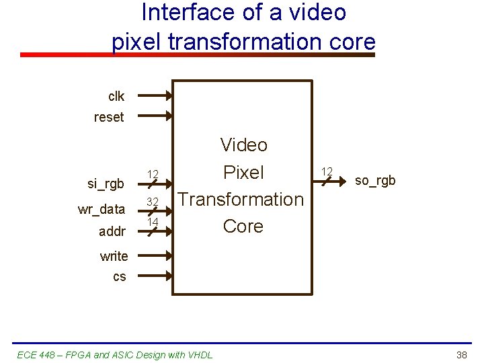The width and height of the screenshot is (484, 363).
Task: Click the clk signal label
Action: click(x=116, y=96)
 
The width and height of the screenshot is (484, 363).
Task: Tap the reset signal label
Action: click(x=109, y=118)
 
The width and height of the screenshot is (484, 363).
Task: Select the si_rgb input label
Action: click(x=106, y=184)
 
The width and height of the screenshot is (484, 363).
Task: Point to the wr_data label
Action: click(x=101, y=209)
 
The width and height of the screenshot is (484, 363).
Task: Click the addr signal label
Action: click(x=112, y=231)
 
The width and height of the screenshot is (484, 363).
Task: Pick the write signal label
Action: click(x=114, y=256)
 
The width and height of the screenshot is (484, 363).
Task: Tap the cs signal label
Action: click(x=119, y=276)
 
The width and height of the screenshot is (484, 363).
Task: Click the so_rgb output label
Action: click(x=375, y=180)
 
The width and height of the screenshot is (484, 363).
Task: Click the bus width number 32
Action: click(x=153, y=202)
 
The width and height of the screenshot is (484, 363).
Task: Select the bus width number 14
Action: click(x=153, y=221)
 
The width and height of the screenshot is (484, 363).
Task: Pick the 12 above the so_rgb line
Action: click(x=327, y=171)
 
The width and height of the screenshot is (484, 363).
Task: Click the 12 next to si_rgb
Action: click(x=153, y=175)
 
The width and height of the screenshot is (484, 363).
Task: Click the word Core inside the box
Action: click(x=243, y=227)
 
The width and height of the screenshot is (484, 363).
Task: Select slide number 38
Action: click(x=461, y=354)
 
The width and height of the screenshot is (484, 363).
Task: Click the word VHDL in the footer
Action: click(x=200, y=354)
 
